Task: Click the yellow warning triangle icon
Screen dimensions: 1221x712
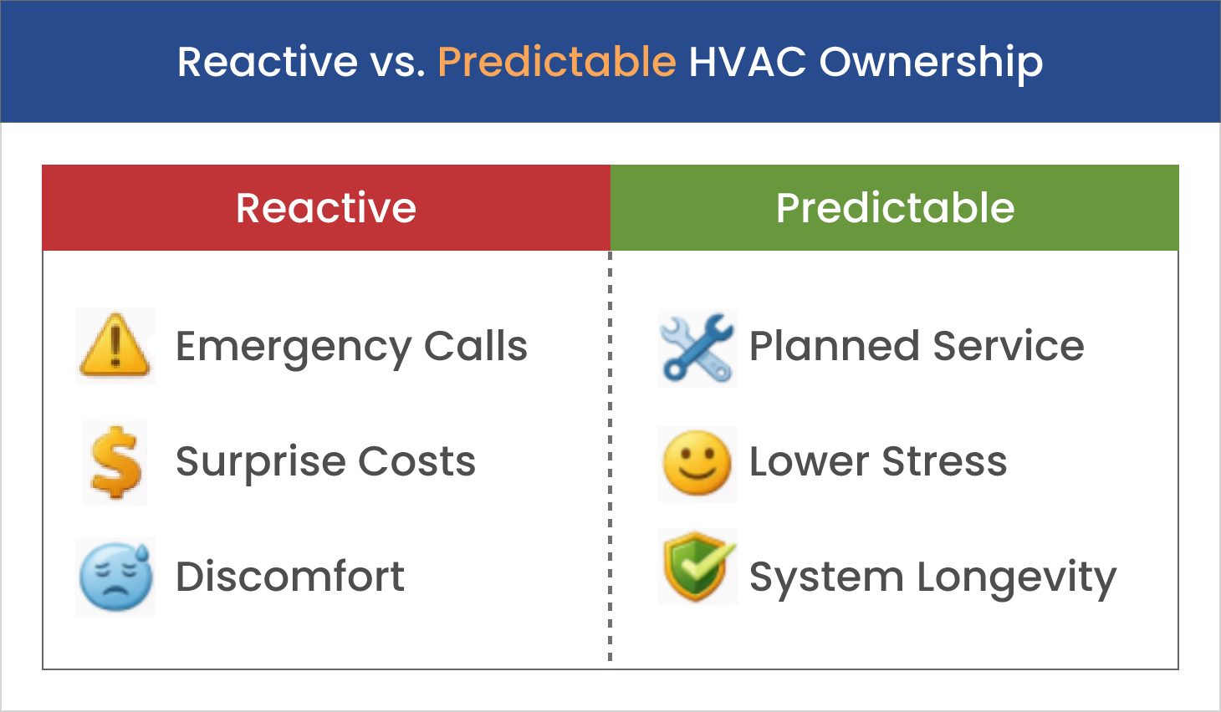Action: pos(115,345)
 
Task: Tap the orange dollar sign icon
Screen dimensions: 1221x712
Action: pos(116,462)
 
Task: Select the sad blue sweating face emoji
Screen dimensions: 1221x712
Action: pos(115,577)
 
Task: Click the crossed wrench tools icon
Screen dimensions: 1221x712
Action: pos(697,348)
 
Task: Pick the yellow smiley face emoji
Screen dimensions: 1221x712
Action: pos(697,463)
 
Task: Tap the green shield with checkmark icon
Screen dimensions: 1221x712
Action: pos(698,567)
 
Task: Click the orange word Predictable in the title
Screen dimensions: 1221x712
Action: pos(557,62)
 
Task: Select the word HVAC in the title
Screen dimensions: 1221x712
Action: pos(748,62)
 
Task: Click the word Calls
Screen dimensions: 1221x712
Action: pos(476,346)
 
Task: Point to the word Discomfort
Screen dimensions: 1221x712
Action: pos(290,576)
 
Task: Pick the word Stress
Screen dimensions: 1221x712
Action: pos(945,461)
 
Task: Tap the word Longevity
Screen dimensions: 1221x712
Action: pos(1017,579)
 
